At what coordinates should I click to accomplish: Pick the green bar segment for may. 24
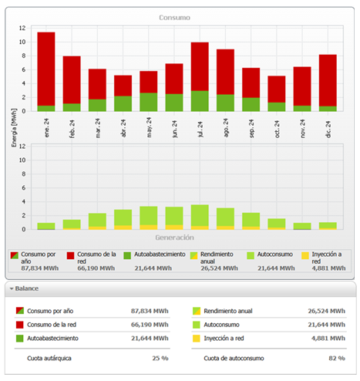tap(149, 102)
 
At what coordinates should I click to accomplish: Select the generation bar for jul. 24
tap(200, 217)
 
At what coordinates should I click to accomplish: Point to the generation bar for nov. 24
tap(302, 226)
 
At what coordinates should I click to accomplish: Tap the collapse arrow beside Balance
tap(12, 288)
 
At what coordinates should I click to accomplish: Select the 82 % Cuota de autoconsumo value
tap(336, 359)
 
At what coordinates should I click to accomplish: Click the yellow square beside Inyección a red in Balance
tap(196, 337)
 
